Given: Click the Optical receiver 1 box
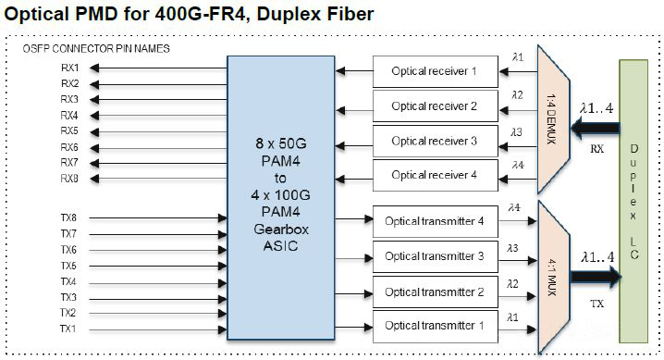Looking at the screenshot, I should click(x=433, y=70).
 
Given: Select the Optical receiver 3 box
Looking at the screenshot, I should click(x=433, y=141).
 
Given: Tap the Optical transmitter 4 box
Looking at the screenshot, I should click(x=435, y=220).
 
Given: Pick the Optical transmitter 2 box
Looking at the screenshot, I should click(x=435, y=291).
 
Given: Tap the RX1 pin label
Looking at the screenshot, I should click(x=69, y=68).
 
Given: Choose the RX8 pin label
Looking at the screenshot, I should click(x=69, y=179).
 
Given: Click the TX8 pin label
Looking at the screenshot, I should click(x=69, y=218).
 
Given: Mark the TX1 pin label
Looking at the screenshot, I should click(x=69, y=329).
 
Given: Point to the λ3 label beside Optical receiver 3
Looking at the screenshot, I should click(x=517, y=130).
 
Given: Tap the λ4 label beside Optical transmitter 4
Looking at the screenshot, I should click(x=514, y=208).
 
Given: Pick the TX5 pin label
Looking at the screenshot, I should click(x=69, y=266).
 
